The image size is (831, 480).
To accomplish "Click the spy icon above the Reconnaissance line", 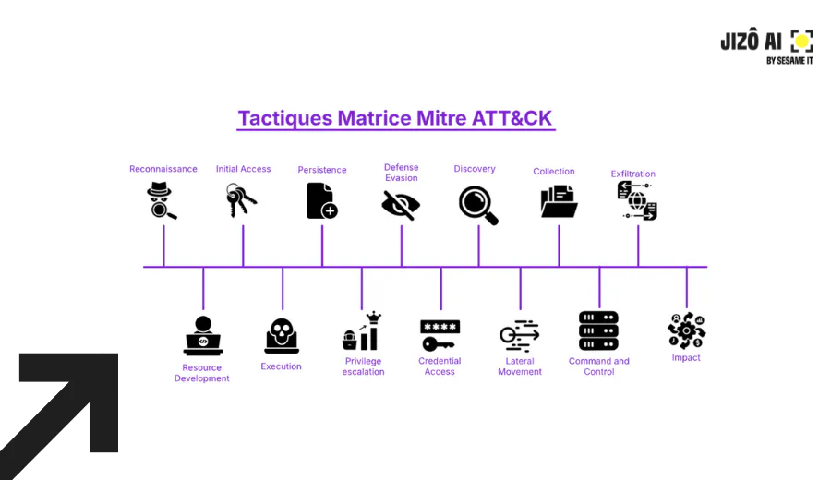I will pyautogui.click(x=162, y=200).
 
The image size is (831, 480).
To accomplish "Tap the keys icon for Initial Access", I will pyautogui.click(x=242, y=200).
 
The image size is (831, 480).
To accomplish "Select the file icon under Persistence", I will pyautogui.click(x=321, y=200).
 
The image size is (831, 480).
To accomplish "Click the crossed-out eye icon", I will pyautogui.click(x=401, y=204).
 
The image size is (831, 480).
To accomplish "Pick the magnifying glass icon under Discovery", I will pyautogui.click(x=478, y=205).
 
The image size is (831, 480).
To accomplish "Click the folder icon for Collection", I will pyautogui.click(x=559, y=201).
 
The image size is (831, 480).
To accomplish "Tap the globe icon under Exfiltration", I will pyautogui.click(x=637, y=201).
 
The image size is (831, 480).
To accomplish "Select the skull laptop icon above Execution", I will pyautogui.click(x=282, y=336).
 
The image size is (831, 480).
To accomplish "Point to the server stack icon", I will pyautogui.click(x=598, y=330).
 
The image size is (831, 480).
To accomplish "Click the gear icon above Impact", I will pyautogui.click(x=686, y=330).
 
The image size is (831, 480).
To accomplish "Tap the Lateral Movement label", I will pyautogui.click(x=520, y=366).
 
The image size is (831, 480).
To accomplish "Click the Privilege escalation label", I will pyautogui.click(x=363, y=366).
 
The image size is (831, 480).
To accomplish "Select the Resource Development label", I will pyautogui.click(x=201, y=373).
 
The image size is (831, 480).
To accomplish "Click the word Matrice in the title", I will pyautogui.click(x=379, y=118).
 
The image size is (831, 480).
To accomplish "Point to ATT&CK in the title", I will pyautogui.click(x=512, y=118).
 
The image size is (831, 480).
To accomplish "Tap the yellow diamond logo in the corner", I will pyautogui.click(x=801, y=41).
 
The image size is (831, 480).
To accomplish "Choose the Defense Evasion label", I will pyautogui.click(x=401, y=173).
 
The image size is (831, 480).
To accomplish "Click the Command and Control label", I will pyautogui.click(x=598, y=366).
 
